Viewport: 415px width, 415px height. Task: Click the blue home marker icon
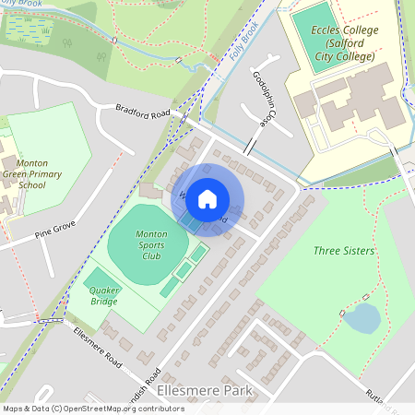207,198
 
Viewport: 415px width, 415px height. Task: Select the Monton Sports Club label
151,246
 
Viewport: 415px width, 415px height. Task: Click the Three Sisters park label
343,251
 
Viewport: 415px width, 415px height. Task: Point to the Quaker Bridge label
104,295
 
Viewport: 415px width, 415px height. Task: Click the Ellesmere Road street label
98,343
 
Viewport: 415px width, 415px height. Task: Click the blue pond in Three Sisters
362,318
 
